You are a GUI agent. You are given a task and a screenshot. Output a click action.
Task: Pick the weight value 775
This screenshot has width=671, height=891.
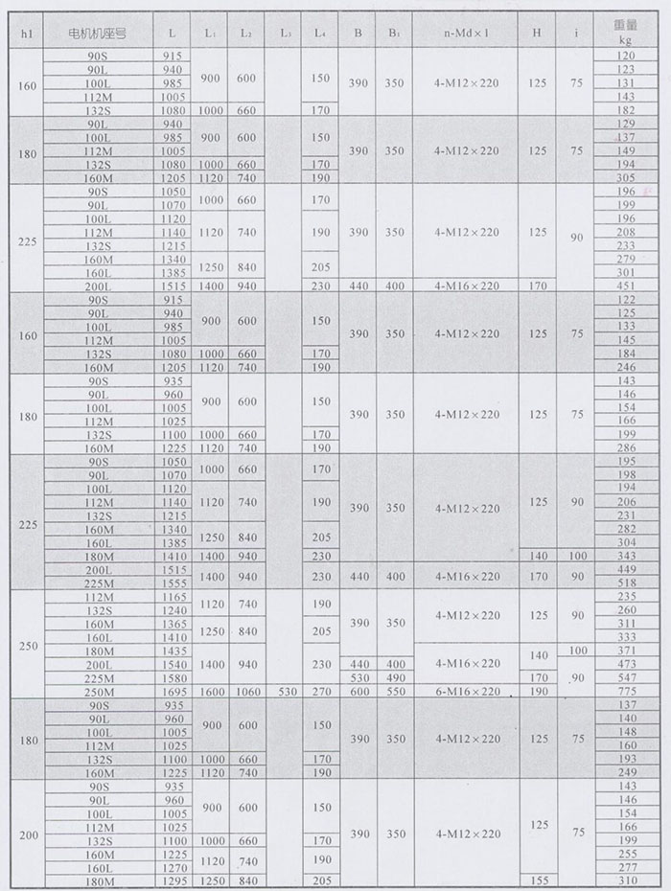click(x=627, y=691)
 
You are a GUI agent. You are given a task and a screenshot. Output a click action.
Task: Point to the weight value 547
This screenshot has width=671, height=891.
click(x=627, y=677)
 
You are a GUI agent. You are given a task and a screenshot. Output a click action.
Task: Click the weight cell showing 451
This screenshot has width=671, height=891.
click(x=627, y=285)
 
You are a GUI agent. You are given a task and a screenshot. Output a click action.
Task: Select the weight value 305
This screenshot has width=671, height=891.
click(x=627, y=178)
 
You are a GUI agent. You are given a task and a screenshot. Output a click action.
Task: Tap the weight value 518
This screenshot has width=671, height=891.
click(x=627, y=583)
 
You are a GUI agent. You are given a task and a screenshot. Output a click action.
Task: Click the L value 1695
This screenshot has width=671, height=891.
click(x=174, y=691)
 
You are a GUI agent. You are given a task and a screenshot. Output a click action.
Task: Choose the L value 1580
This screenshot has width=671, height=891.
click(x=174, y=677)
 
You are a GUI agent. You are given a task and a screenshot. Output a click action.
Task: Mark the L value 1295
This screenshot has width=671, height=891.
click(x=174, y=880)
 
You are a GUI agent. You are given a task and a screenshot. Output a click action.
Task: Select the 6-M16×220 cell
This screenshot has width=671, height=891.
click(x=466, y=691)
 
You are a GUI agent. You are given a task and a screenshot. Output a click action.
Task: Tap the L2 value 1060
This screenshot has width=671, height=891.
click(x=247, y=691)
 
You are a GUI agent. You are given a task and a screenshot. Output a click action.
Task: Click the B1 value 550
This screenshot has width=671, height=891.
click(x=394, y=691)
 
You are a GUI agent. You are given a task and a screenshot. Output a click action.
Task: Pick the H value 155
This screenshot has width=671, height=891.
click(x=538, y=880)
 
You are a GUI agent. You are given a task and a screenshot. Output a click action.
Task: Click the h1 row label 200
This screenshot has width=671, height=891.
click(x=29, y=834)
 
